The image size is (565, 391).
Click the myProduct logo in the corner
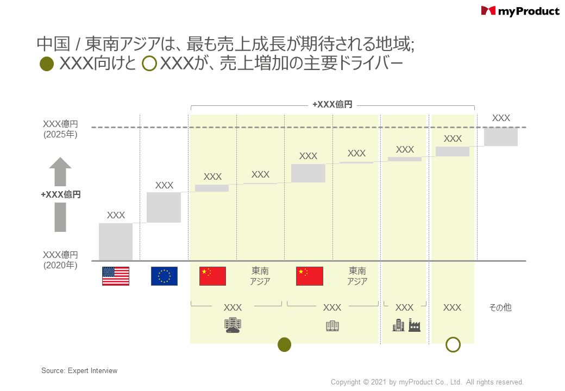pyautogui.click(x=520, y=11)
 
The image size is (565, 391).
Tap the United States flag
pyautogui.click(x=116, y=276)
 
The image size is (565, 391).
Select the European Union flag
pyautogui.click(x=164, y=276)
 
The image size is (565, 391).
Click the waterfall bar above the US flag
pyautogui.click(x=116, y=242)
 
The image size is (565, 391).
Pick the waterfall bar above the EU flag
pyautogui.click(x=164, y=207)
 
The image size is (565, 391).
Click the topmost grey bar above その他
pyautogui.click(x=501, y=137)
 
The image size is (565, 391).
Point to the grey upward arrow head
pyautogui.click(x=60, y=164)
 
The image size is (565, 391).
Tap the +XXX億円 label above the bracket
pyautogui.click(x=332, y=104)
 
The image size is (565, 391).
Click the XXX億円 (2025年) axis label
pyautogui.click(x=60, y=129)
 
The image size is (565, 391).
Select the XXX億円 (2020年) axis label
pyautogui.click(x=60, y=260)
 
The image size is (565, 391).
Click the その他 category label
pyautogui.click(x=500, y=307)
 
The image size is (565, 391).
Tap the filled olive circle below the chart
pyautogui.click(x=284, y=344)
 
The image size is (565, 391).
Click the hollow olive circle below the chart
pyautogui.click(x=453, y=344)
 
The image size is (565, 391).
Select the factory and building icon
pyautogui.click(x=406, y=325)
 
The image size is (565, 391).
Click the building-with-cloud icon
pyautogui.click(x=233, y=325)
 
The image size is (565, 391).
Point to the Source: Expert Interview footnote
pyautogui.click(x=79, y=371)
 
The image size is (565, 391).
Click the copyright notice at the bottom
pyautogui.click(x=427, y=382)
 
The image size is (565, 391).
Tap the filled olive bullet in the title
pyautogui.click(x=47, y=64)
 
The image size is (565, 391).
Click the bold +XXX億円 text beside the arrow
pyautogui.click(x=61, y=194)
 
